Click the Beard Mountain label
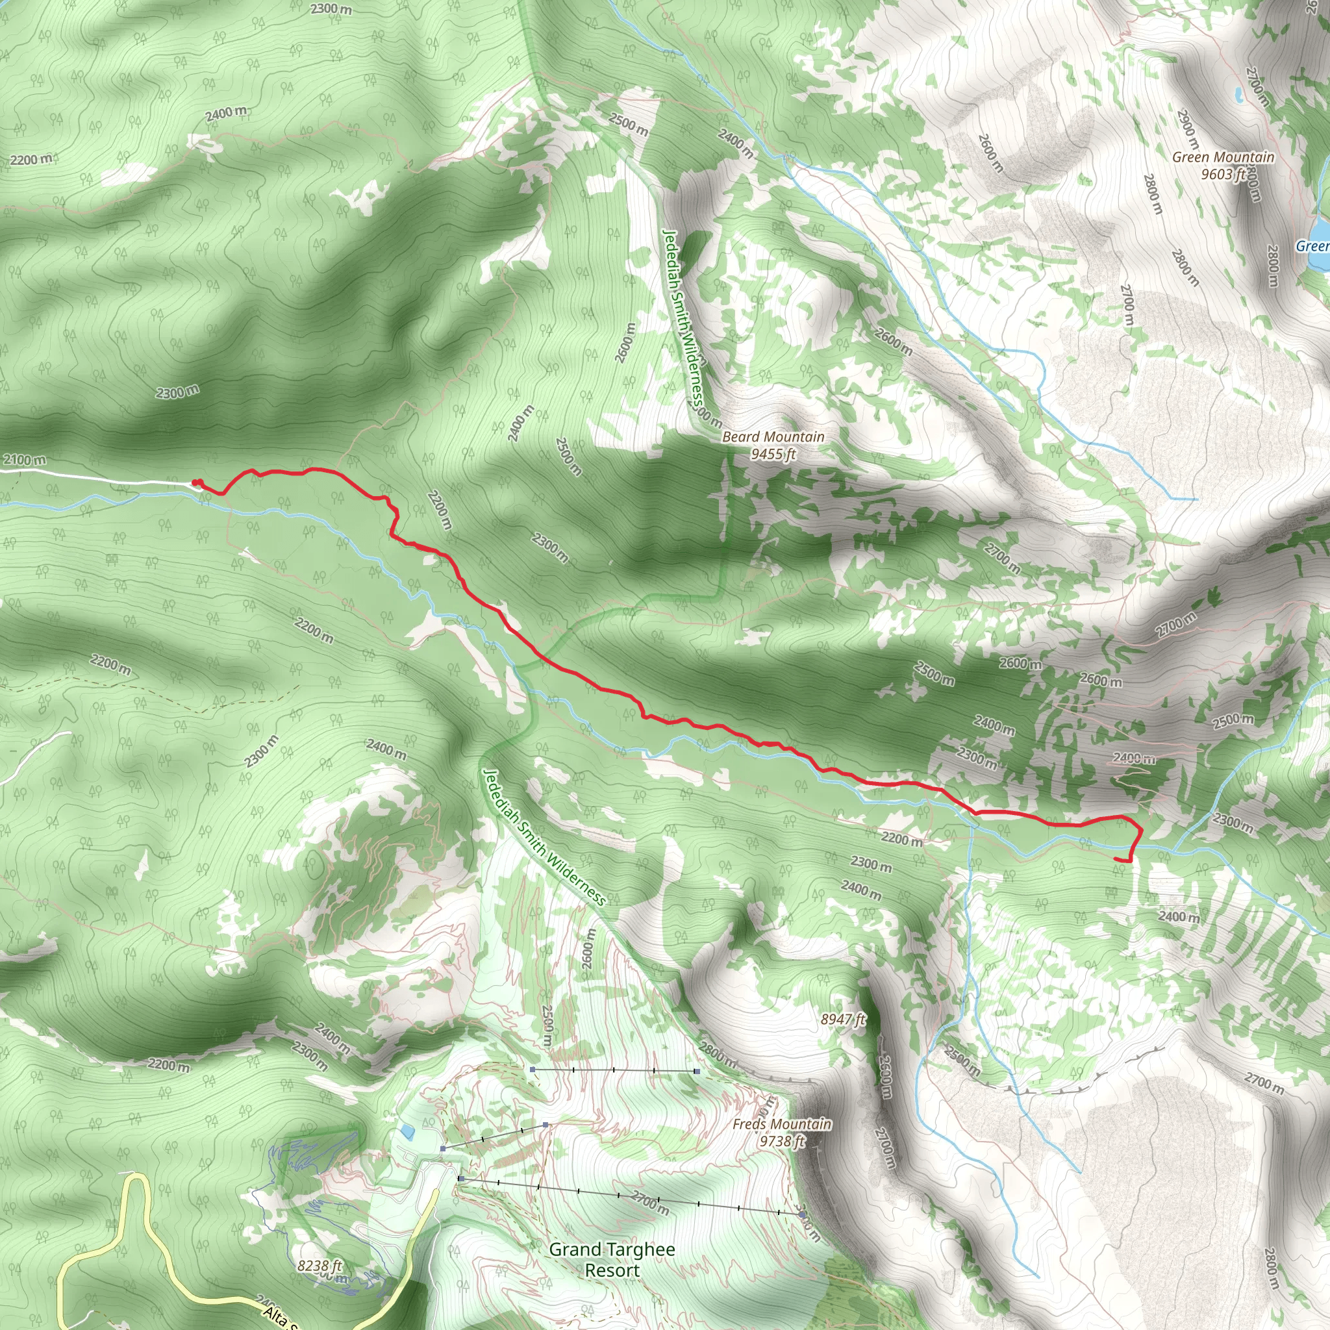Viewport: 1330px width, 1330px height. coord(772,436)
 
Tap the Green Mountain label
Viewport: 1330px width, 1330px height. coord(1223,158)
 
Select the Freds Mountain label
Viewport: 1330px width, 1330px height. coord(781,1123)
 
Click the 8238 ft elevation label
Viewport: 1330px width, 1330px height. coord(320,1266)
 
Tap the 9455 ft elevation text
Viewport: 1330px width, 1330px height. coord(773,454)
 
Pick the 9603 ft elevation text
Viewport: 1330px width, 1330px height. coord(1223,174)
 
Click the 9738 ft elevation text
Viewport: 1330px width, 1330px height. coord(781,1142)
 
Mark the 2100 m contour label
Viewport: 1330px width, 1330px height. coord(25,459)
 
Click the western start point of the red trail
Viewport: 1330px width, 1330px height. coord(195,483)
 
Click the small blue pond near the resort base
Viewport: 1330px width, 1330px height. coord(408,1131)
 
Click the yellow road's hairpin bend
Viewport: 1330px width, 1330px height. coord(137,1181)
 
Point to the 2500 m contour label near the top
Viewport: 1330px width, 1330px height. coord(628,125)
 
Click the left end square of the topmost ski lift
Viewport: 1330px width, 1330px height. coord(533,1069)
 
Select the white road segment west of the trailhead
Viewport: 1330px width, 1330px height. coord(96,477)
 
